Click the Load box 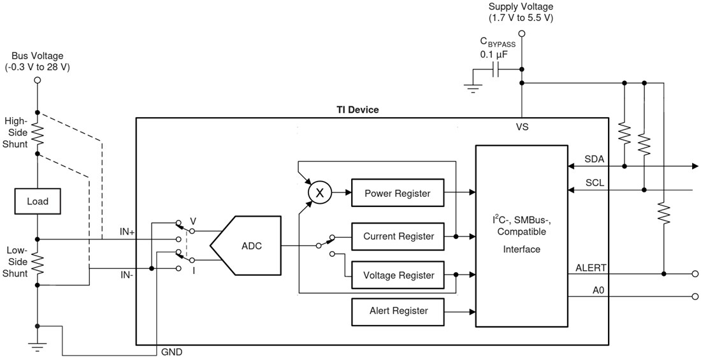[x=37, y=202]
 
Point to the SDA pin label [x=593, y=159]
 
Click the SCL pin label [x=593, y=182]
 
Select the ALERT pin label [x=590, y=268]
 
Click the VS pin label [x=522, y=127]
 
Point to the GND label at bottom [x=172, y=351]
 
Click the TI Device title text [x=357, y=110]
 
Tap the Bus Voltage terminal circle [x=37, y=80]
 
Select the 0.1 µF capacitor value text [x=493, y=55]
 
